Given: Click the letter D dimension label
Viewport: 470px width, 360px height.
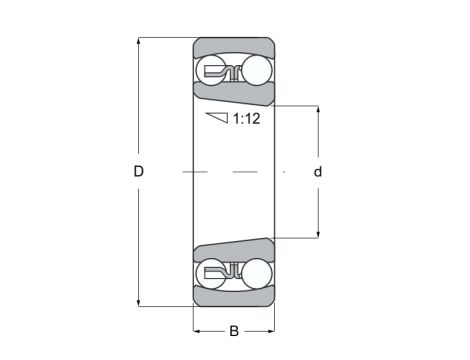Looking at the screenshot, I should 139,172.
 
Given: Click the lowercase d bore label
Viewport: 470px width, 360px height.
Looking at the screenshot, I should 318,172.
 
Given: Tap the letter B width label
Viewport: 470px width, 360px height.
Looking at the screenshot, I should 233,331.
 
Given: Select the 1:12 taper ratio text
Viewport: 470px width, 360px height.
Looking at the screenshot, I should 248,119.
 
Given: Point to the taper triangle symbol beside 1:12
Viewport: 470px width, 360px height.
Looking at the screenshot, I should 217,118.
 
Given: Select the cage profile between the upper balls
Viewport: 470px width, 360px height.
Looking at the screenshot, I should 233,71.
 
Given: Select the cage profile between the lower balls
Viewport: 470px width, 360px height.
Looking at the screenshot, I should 233,271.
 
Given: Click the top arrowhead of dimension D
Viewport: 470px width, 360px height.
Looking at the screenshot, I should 139,43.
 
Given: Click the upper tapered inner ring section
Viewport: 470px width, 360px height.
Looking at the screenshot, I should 233,96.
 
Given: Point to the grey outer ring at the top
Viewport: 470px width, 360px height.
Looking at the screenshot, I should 233,47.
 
